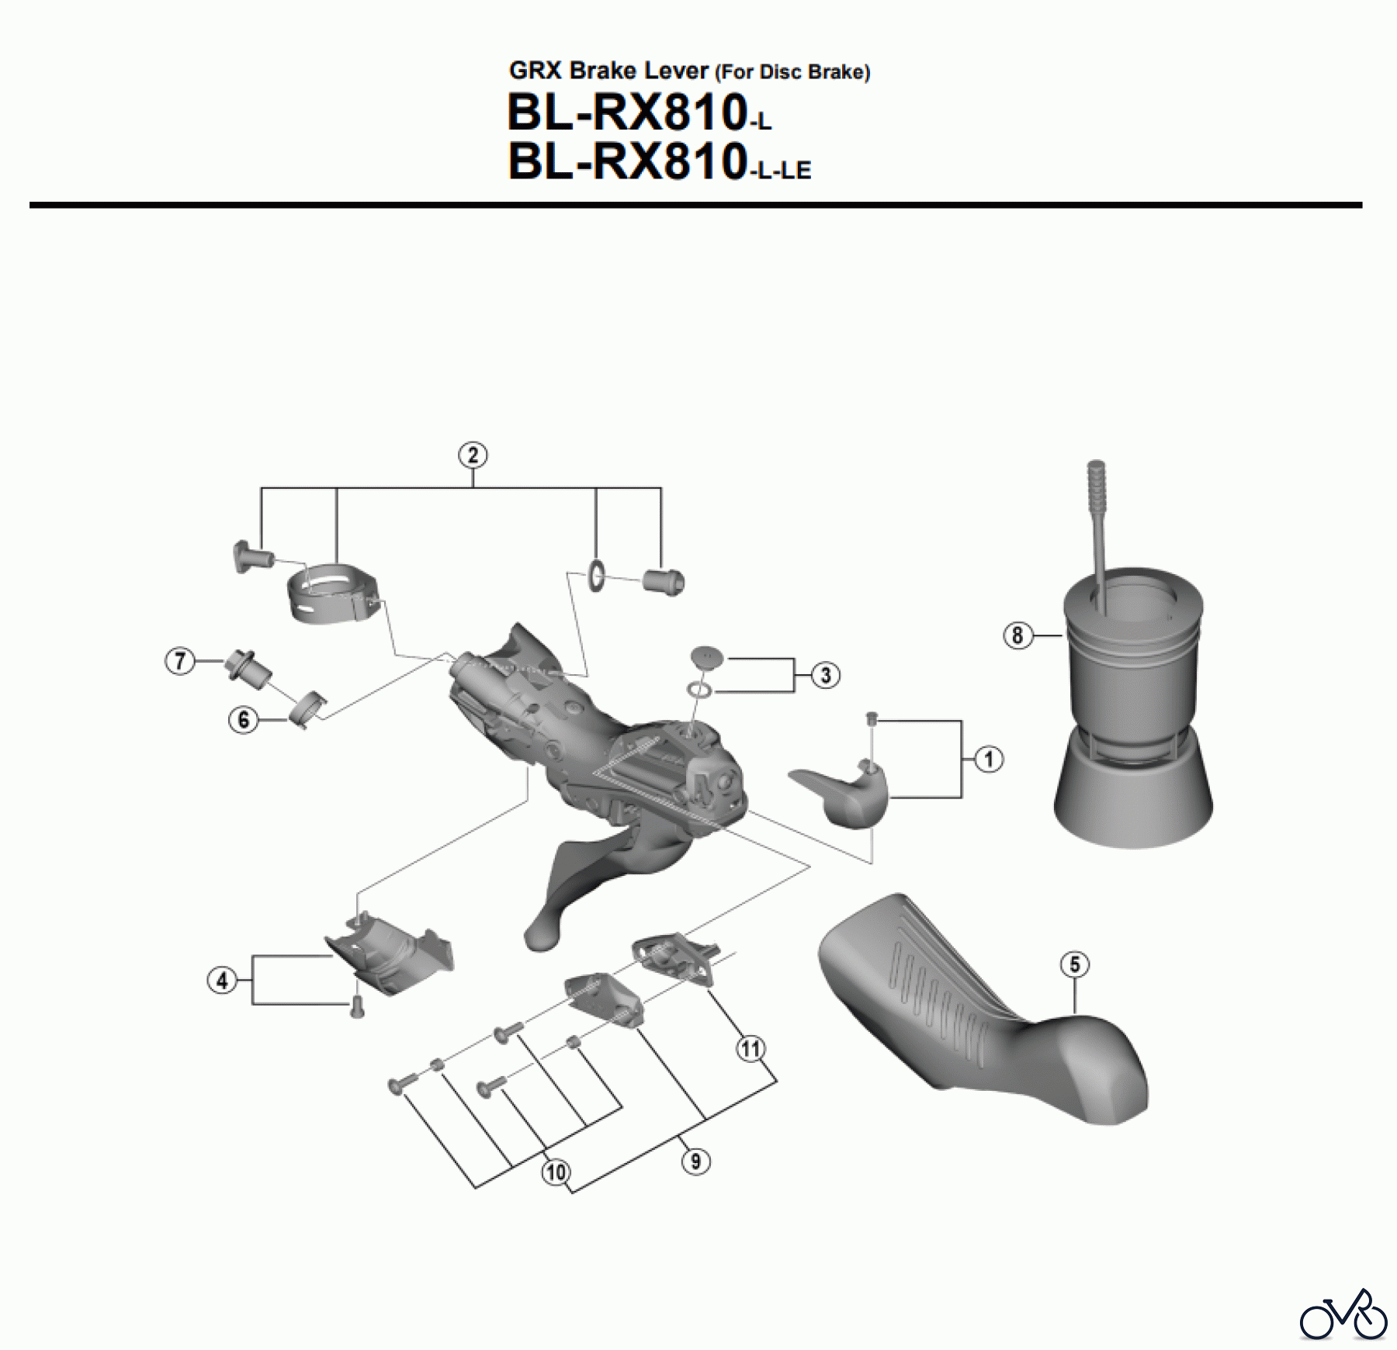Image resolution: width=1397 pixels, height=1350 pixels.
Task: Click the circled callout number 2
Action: [473, 455]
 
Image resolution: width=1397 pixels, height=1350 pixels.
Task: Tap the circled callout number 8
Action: [1017, 636]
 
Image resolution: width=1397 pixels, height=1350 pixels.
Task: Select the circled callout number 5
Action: [1074, 964]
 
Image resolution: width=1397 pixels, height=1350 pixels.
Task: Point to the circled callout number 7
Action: [180, 662]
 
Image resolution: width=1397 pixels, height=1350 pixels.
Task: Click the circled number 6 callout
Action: [243, 719]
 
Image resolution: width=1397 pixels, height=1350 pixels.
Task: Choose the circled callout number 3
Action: [825, 675]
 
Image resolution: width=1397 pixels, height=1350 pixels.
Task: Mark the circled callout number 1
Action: [988, 759]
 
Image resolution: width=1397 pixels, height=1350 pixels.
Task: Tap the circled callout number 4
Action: [222, 981]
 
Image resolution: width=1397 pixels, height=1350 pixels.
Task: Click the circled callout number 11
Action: [750, 1050]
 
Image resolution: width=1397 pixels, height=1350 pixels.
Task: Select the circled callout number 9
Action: [695, 1161]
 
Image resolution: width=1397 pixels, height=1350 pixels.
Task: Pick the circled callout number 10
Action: [556, 1172]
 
